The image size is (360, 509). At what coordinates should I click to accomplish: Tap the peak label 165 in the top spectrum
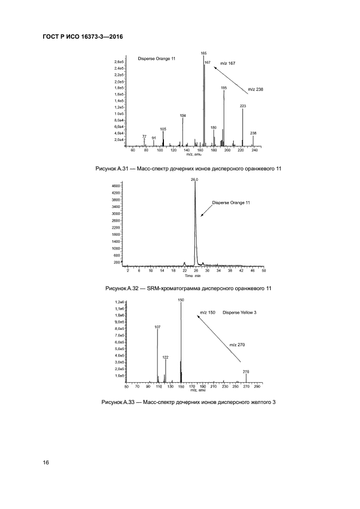[x=204, y=53]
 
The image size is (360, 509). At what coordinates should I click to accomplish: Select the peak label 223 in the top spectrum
[x=243, y=106]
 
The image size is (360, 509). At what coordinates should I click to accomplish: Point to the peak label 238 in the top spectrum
[x=253, y=133]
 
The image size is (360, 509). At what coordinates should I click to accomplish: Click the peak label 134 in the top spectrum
[x=183, y=116]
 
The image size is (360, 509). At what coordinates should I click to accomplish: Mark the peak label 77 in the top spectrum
[x=144, y=136]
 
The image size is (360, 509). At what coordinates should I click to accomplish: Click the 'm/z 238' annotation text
[x=255, y=89]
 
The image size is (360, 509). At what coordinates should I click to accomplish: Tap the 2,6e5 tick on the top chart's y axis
[x=119, y=62]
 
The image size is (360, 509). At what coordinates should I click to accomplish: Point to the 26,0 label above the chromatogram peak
[x=195, y=179]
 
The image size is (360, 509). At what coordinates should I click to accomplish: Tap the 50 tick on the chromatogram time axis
[x=264, y=271]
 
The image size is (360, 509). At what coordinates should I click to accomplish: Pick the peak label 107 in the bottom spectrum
[x=157, y=327]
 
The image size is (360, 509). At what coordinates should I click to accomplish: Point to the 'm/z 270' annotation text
[x=237, y=344]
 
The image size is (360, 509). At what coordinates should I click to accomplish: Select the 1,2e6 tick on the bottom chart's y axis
[x=119, y=302]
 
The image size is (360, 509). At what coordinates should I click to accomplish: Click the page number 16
[x=46, y=463]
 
